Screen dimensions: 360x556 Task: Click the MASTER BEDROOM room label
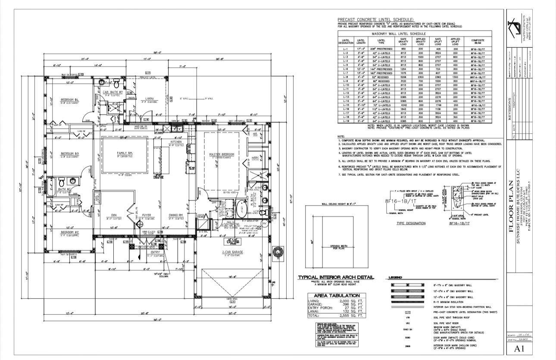(222, 155)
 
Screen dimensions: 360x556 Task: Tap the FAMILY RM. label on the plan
(125, 153)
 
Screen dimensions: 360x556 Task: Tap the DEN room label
(114, 216)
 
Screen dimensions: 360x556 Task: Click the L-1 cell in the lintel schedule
(345, 50)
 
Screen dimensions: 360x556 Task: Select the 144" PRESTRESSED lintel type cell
(381, 69)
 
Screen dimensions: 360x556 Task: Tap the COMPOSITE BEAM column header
(478, 42)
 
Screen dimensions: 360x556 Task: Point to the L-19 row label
(345, 121)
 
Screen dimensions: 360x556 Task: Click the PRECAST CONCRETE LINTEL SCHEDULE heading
(375, 20)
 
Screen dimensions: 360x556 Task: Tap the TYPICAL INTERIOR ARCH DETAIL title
(336, 277)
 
